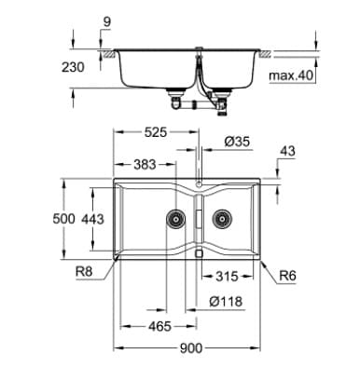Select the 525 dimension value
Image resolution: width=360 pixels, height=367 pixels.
click(156, 133)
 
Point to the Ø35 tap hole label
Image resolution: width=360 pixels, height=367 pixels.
click(237, 143)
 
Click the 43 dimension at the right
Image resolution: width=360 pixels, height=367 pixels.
click(287, 151)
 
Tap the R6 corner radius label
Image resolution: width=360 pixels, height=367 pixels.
click(287, 276)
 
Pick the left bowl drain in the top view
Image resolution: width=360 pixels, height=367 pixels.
click(173, 220)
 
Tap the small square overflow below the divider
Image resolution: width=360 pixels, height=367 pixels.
click(198, 253)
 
